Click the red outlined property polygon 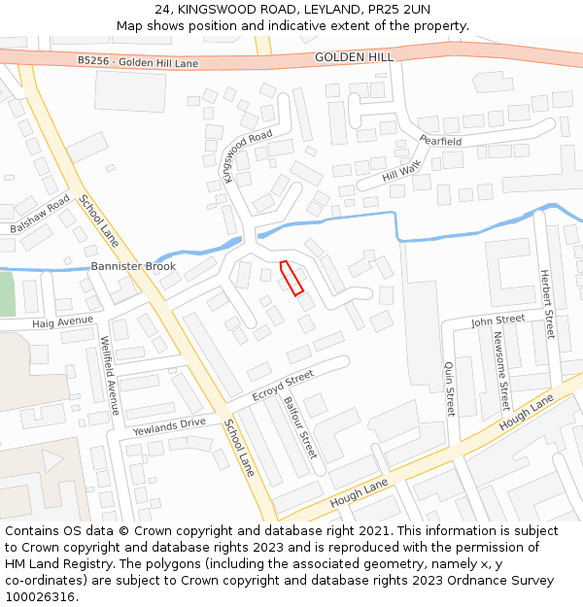291,277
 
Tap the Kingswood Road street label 248,155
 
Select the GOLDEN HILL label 354,57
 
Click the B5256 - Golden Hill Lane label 137,61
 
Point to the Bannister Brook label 133,266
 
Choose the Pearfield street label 440,141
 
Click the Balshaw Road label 40,214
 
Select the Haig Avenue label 63,321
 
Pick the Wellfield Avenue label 109,375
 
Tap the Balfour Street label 300,426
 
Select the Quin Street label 450,388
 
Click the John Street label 497,320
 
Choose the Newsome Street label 501,370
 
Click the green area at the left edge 6,292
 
